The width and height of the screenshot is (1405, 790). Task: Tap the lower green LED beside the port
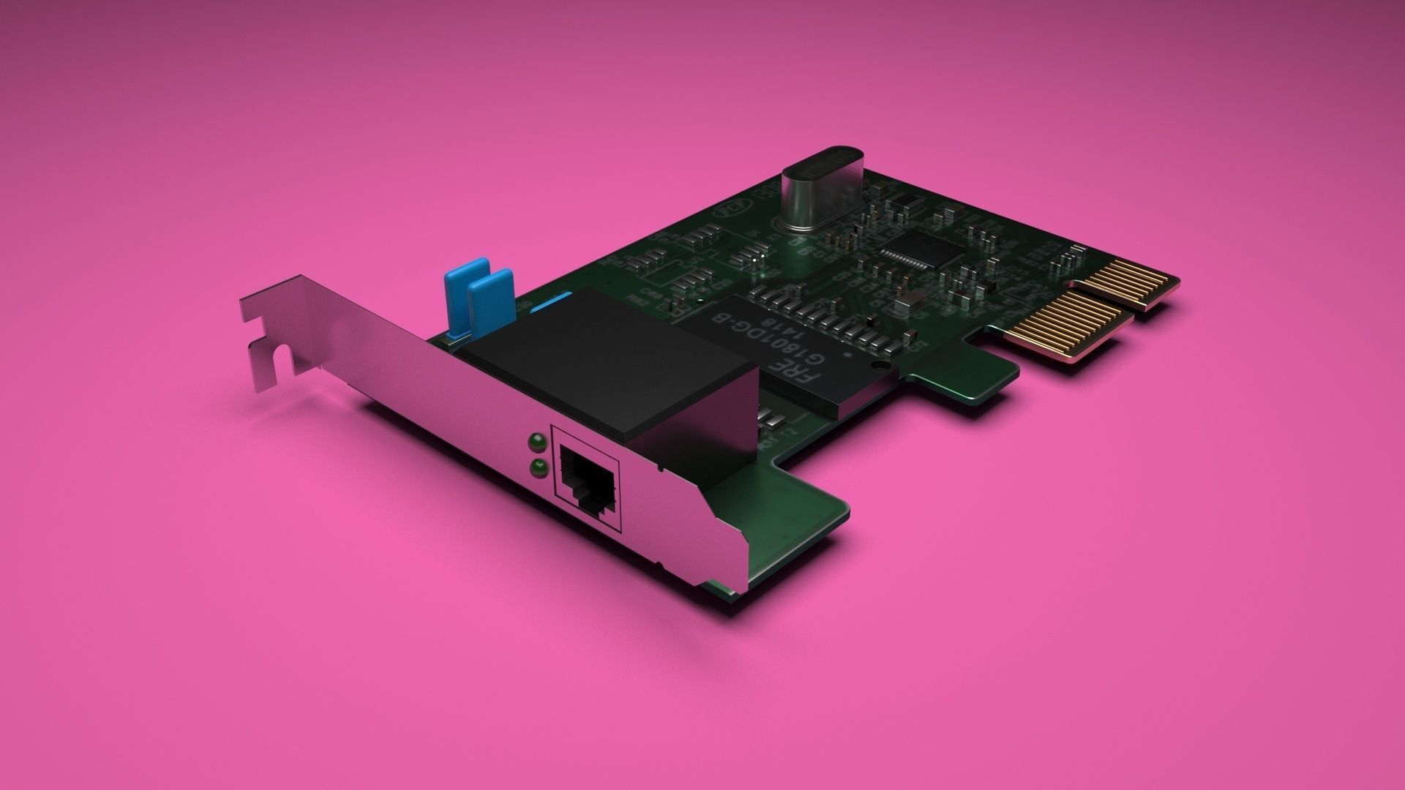click(538, 468)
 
